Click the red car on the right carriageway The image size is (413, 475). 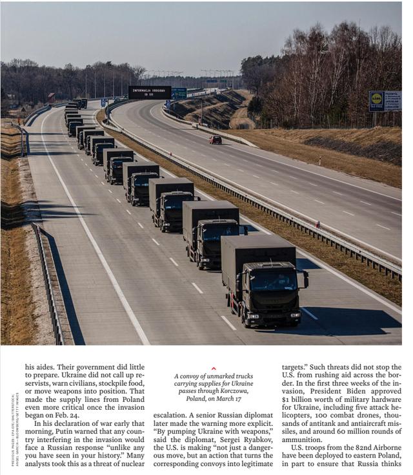215,140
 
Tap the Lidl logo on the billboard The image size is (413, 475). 377,101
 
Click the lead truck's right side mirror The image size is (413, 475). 306,279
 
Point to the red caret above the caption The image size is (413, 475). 214,368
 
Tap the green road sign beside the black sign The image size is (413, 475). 179,92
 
